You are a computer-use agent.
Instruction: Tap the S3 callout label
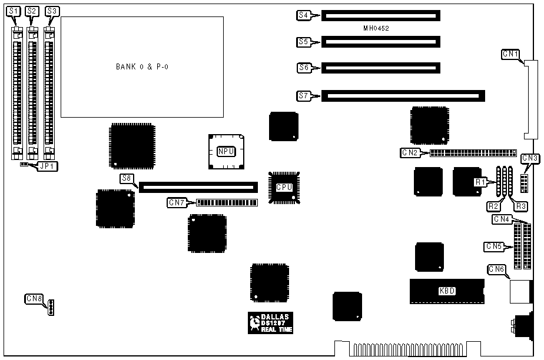click(x=52, y=11)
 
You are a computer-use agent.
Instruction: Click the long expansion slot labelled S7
click(x=403, y=95)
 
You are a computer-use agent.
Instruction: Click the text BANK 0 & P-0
click(x=142, y=66)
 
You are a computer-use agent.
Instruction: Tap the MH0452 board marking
click(x=376, y=28)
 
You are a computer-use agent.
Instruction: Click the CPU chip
click(x=284, y=187)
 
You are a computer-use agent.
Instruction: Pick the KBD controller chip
click(x=447, y=290)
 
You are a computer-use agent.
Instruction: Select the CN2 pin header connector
click(x=473, y=153)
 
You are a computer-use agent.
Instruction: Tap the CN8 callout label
click(x=34, y=298)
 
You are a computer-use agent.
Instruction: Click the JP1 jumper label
click(x=44, y=166)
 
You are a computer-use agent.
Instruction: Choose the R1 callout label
click(x=480, y=182)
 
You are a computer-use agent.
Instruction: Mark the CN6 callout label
click(x=496, y=269)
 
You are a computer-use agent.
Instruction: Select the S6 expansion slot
click(x=380, y=68)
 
